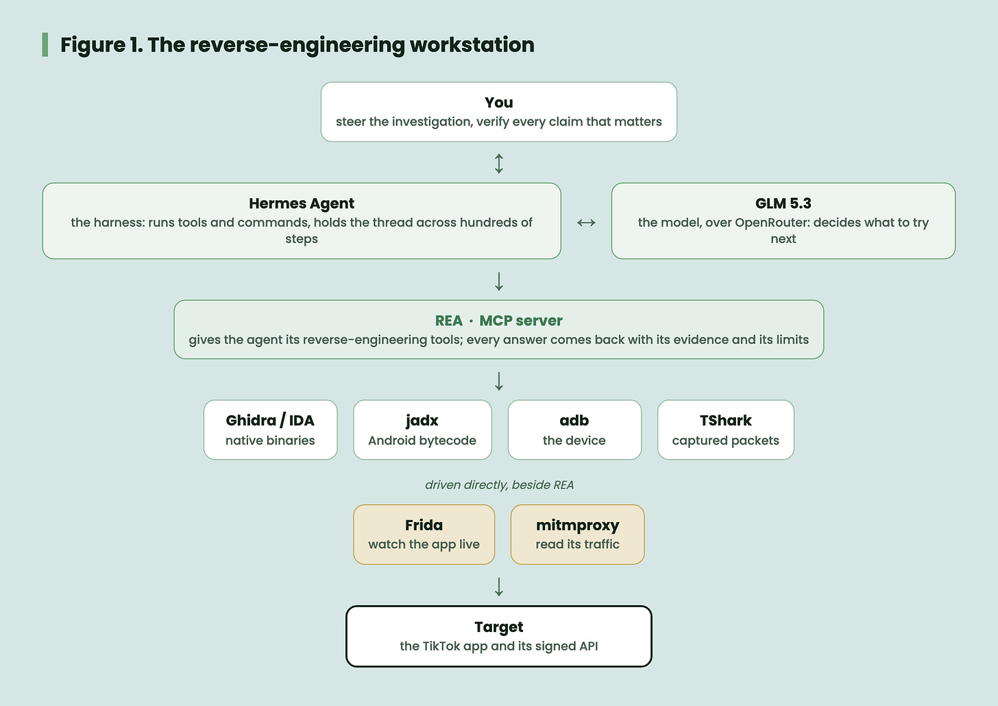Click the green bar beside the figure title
(x=45, y=45)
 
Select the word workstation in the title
(x=472, y=45)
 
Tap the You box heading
(x=498, y=103)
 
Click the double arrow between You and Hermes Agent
(x=499, y=164)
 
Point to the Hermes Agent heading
(x=302, y=203)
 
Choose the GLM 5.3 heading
(x=783, y=203)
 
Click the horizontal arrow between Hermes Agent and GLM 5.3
(x=586, y=222)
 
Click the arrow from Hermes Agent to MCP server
(x=499, y=281)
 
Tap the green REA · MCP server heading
(x=498, y=320)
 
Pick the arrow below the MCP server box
(x=499, y=381)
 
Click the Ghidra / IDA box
(x=271, y=430)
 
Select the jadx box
(x=422, y=430)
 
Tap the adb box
(x=574, y=430)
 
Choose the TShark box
(x=726, y=430)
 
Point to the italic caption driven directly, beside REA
(x=499, y=485)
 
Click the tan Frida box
(x=424, y=534)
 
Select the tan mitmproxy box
(x=577, y=534)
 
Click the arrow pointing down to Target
(x=499, y=587)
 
